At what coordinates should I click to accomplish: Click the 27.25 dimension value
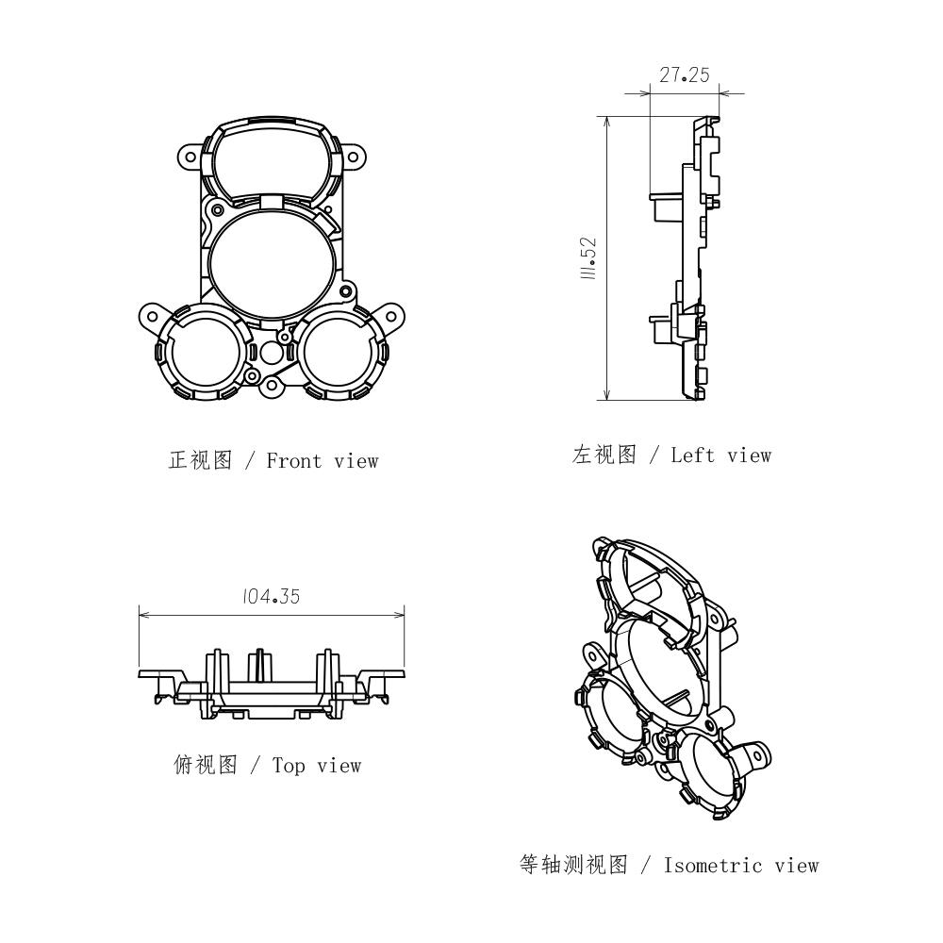(x=685, y=75)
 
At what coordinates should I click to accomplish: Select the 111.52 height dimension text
(x=588, y=258)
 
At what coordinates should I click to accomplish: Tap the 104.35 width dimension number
(x=272, y=597)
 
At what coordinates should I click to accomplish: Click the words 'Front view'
(x=323, y=461)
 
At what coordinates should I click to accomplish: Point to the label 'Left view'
(x=721, y=455)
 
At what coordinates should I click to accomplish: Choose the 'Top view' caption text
(x=317, y=766)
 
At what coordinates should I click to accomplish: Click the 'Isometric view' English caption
(x=741, y=866)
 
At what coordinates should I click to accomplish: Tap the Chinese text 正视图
(x=200, y=461)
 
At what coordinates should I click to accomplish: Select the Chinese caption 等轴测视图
(x=573, y=865)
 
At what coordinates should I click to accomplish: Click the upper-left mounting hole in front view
(x=190, y=157)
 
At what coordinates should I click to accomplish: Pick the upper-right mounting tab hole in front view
(x=353, y=158)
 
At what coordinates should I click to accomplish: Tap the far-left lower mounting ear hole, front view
(x=152, y=317)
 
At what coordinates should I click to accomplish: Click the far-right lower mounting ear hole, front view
(x=392, y=316)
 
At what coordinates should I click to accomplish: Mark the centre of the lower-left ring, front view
(x=205, y=351)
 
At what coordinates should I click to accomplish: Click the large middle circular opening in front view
(x=272, y=262)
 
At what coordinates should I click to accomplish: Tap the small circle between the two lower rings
(x=272, y=354)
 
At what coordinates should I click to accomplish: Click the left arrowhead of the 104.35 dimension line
(x=144, y=615)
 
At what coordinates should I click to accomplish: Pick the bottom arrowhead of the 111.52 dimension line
(x=606, y=394)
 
